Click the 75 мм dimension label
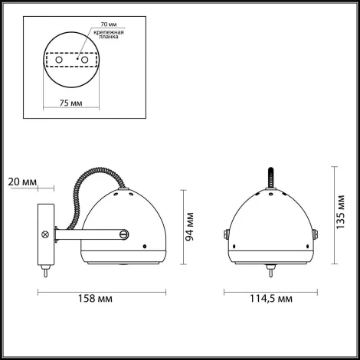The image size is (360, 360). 71,103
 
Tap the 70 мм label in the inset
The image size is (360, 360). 109,25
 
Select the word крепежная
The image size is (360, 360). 109,32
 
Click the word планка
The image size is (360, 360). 109,37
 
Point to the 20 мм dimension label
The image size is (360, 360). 22,182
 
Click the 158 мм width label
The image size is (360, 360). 95,298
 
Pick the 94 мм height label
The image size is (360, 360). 189,227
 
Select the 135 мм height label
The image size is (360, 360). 340,212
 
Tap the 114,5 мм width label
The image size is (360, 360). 271,298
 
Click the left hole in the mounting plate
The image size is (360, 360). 59,60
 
